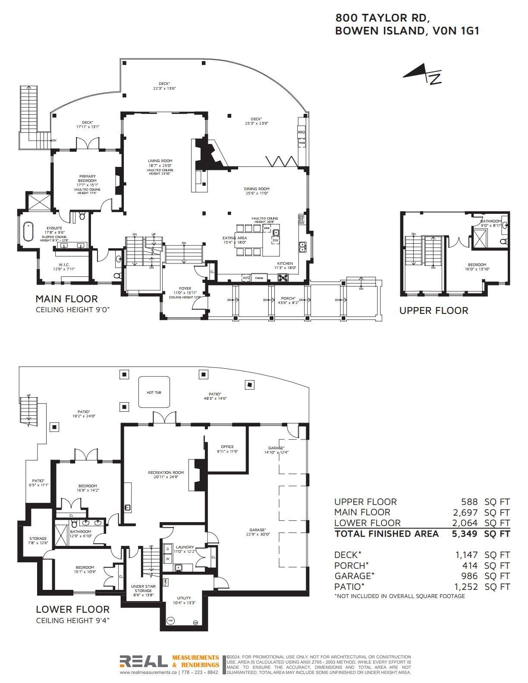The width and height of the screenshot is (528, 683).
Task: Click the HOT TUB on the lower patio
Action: coord(154,392)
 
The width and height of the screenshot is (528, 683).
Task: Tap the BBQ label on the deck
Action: coord(301,132)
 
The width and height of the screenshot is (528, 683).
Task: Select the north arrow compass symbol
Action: coord(423,75)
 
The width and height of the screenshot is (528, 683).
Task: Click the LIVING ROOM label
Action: coord(160,161)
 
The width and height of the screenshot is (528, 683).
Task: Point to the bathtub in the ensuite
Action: coord(28,232)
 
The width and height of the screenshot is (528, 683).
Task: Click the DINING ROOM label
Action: coord(257,189)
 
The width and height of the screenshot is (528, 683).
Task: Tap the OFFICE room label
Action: coord(227,447)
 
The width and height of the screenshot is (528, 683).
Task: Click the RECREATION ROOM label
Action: coord(166,473)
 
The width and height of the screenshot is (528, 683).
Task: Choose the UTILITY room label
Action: coord(184,598)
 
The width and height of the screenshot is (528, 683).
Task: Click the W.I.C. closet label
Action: coord(64,265)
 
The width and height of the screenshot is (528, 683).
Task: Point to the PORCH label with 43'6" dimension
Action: coord(288,298)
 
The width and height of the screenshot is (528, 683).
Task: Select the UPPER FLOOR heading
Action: coord(433,310)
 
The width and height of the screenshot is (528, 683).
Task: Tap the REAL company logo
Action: coord(144,661)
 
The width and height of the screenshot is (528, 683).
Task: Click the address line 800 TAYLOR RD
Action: coord(382,18)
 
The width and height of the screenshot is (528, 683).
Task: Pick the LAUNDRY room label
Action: coord(185,547)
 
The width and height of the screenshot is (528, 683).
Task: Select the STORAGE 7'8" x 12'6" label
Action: coord(38,539)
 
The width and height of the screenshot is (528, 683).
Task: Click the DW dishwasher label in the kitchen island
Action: coord(275,240)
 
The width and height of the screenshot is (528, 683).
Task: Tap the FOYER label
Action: coord(185,288)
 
